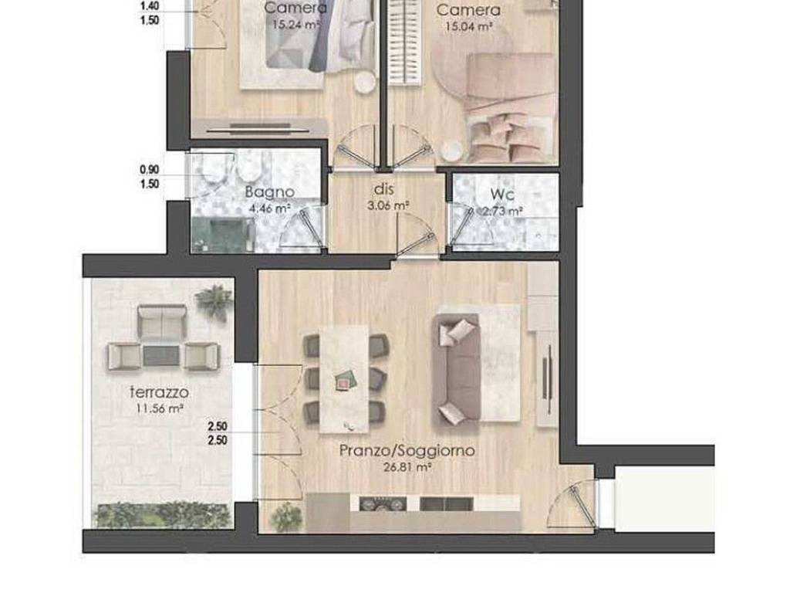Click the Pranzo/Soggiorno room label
point(407,450)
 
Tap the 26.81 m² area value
point(407,466)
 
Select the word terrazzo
point(160,393)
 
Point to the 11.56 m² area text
point(160,409)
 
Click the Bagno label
point(269,191)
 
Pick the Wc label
point(507,195)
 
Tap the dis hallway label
point(385,188)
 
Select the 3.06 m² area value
point(387,205)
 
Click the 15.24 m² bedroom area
point(295,24)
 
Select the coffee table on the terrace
point(161,356)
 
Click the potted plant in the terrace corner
point(214,302)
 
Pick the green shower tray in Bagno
point(223,236)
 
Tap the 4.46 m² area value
point(269,208)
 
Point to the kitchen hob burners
point(382,504)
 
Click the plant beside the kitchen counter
point(287,515)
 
